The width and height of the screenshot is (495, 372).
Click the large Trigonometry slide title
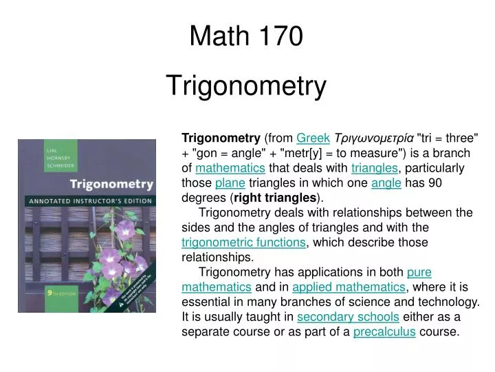[x=247, y=86]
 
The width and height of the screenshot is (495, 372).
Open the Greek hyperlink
[x=313, y=138]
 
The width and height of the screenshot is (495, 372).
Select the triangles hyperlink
[x=374, y=168]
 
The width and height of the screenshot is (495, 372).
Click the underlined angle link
[x=386, y=183]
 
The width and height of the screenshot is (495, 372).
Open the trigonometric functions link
[x=243, y=242]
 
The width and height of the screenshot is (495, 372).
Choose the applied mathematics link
[x=349, y=287]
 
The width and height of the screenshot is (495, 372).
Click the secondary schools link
[x=348, y=317]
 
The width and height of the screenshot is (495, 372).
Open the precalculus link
[x=384, y=332]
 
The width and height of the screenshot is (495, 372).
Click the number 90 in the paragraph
[x=435, y=183]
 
